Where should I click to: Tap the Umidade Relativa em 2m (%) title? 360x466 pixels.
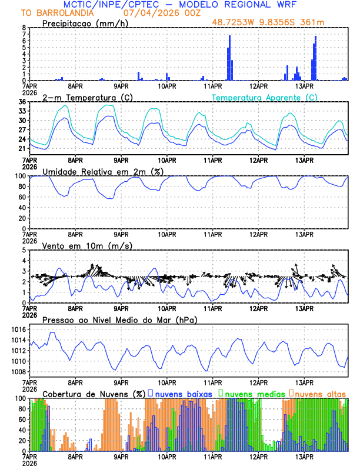[x=103, y=171]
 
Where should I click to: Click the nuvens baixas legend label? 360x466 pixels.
[x=184, y=393]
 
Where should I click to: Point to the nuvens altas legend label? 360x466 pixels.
[x=321, y=393]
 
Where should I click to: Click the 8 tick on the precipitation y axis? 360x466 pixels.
[x=24, y=28]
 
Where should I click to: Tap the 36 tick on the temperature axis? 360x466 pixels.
[x=22, y=102]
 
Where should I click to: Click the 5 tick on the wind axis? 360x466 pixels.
[x=24, y=250]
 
